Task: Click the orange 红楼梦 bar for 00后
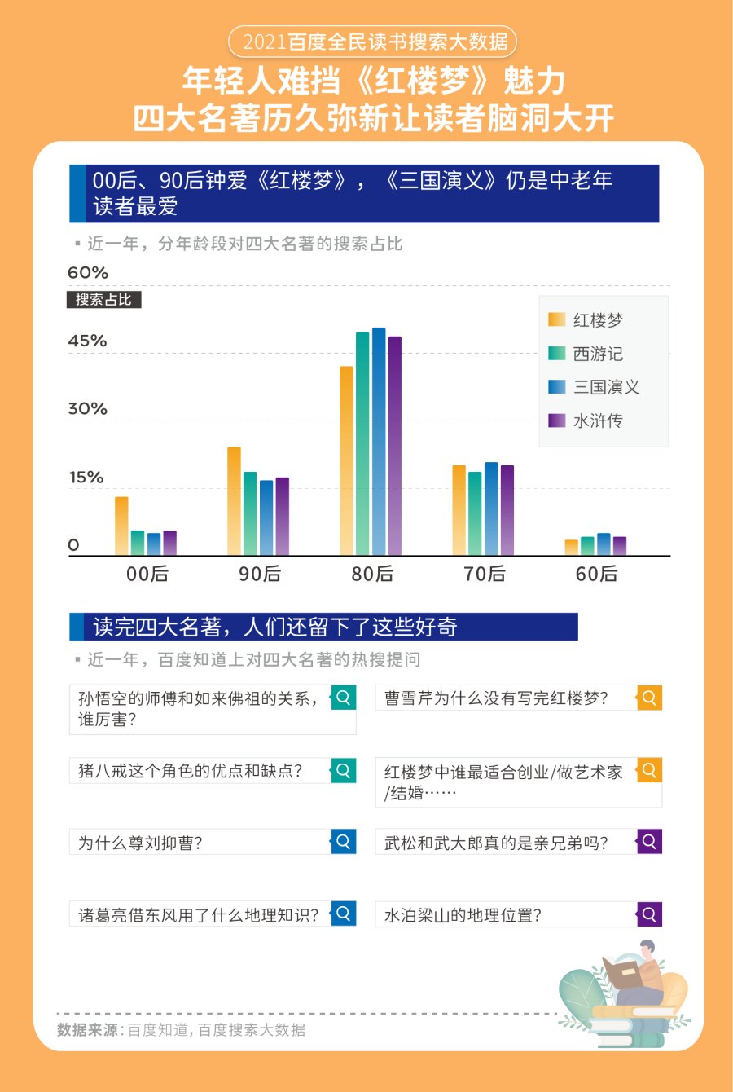pyautogui.click(x=121, y=526)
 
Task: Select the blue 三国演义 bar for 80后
pyautogui.click(x=379, y=442)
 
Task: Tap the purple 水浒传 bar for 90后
pyautogui.click(x=283, y=517)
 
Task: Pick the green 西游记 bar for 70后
pyautogui.click(x=475, y=514)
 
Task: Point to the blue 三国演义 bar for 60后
pyautogui.click(x=604, y=544)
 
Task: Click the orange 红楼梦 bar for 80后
pyautogui.click(x=346, y=461)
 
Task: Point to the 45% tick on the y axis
pyautogui.click(x=87, y=341)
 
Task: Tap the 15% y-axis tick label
pyautogui.click(x=86, y=478)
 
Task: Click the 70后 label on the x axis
pyautogui.click(x=485, y=574)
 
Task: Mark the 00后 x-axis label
pyautogui.click(x=147, y=574)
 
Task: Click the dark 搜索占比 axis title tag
pyautogui.click(x=104, y=300)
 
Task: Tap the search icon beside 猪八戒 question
pyautogui.click(x=344, y=770)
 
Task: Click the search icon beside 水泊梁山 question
pyautogui.click(x=649, y=914)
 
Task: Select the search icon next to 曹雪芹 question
pyautogui.click(x=649, y=698)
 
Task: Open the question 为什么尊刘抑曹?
pyautogui.click(x=200, y=843)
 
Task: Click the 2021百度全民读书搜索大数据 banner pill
pyautogui.click(x=373, y=41)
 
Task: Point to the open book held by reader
pyautogui.click(x=622, y=972)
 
